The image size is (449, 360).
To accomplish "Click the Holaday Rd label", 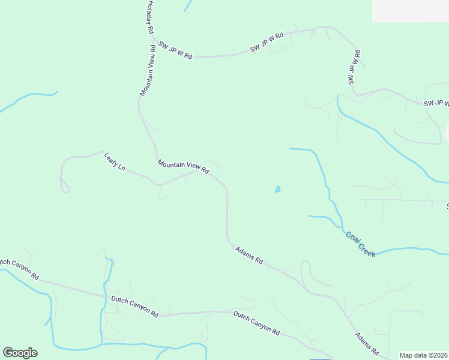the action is pyautogui.click(x=150, y=17).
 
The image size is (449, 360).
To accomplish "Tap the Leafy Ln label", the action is pyautogui.click(x=115, y=161).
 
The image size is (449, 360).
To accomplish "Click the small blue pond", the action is pyautogui.click(x=277, y=190).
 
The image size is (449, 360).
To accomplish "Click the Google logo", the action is pyautogui.click(x=20, y=353).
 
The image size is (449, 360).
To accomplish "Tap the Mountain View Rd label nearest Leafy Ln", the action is pyautogui.click(x=183, y=167).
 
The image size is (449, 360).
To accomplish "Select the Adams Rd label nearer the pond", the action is pyautogui.click(x=249, y=256).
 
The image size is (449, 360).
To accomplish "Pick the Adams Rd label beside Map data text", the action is pyautogui.click(x=367, y=343).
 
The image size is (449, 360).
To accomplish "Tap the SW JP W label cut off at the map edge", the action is pyautogui.click(x=436, y=104).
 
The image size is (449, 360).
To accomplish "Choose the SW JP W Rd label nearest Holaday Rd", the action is pyautogui.click(x=175, y=50).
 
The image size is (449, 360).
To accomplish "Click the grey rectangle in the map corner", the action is pyautogui.click(x=410, y=11).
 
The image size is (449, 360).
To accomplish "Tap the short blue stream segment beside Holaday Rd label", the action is pyautogui.click(x=188, y=5).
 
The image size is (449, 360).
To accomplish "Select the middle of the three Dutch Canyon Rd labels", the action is pyautogui.click(x=134, y=306).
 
